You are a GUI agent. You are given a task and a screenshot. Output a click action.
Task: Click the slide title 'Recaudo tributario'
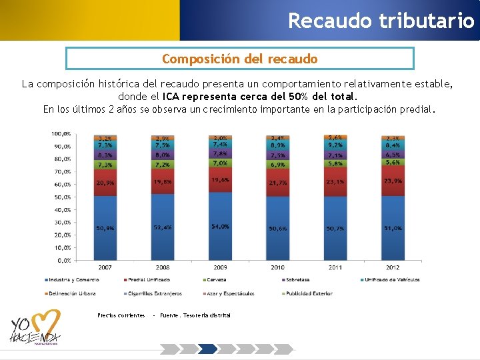[x=381, y=20]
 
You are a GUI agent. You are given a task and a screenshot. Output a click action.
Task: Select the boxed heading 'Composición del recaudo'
[x=240, y=59]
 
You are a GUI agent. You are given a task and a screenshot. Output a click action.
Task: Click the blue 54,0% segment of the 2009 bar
[x=220, y=227]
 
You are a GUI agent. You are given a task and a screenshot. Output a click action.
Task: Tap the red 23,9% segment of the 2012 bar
[x=393, y=181]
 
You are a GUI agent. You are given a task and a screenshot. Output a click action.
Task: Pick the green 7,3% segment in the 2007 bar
[x=105, y=165]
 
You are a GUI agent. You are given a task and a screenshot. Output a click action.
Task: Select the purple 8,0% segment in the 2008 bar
[x=162, y=154]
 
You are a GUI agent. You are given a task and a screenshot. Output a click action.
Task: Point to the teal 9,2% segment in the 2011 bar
[x=335, y=144]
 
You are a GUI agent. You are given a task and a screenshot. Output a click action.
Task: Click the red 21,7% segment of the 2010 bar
[x=278, y=182]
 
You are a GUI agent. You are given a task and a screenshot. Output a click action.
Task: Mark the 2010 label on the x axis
[x=277, y=267]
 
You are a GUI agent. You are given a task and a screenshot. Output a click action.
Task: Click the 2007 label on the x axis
[x=105, y=267]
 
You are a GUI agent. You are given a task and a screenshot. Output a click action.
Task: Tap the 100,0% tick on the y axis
[x=61, y=134]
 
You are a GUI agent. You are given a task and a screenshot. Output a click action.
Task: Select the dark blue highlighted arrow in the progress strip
[x=209, y=349]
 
